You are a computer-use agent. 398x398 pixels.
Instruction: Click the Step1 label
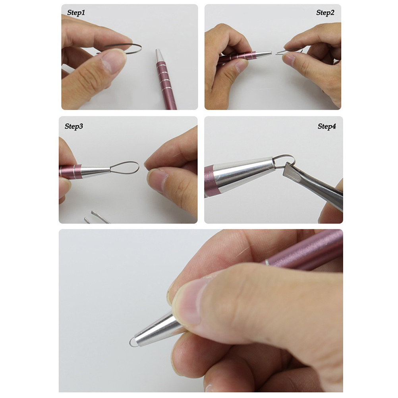76,13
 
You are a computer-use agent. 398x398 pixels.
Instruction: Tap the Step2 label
325,13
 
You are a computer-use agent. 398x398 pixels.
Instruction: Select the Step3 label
73,126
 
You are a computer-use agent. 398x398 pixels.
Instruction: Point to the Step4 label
327,126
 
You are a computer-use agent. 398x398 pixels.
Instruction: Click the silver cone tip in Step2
264,54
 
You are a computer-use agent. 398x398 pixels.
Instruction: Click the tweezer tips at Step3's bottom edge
97,217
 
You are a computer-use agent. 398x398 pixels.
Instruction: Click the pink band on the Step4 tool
209,181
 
